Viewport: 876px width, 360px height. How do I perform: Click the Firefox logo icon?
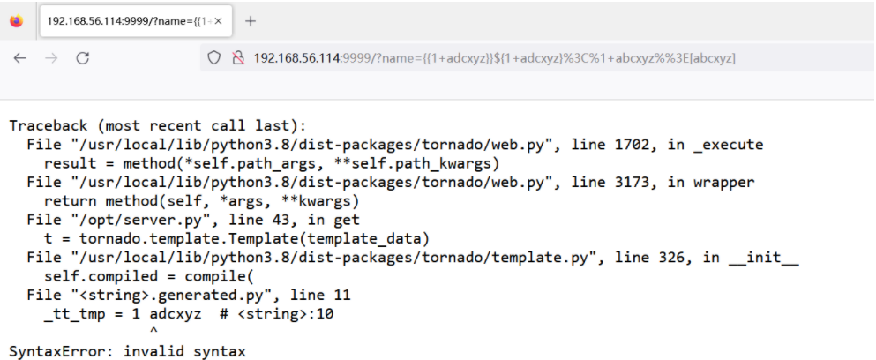[x=17, y=21]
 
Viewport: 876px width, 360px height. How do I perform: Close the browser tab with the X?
[x=218, y=20]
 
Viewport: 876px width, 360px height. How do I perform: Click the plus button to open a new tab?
[x=251, y=21]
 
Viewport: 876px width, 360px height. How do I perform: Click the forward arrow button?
[x=50, y=58]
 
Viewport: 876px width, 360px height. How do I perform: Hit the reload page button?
[x=82, y=58]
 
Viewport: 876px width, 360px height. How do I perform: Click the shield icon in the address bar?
[x=213, y=58]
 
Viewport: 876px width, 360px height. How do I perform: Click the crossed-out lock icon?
[x=236, y=58]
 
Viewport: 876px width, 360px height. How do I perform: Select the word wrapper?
[x=723, y=182]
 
